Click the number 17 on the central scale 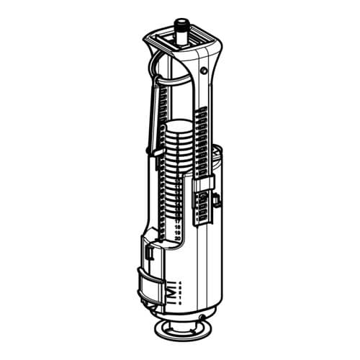178,221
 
